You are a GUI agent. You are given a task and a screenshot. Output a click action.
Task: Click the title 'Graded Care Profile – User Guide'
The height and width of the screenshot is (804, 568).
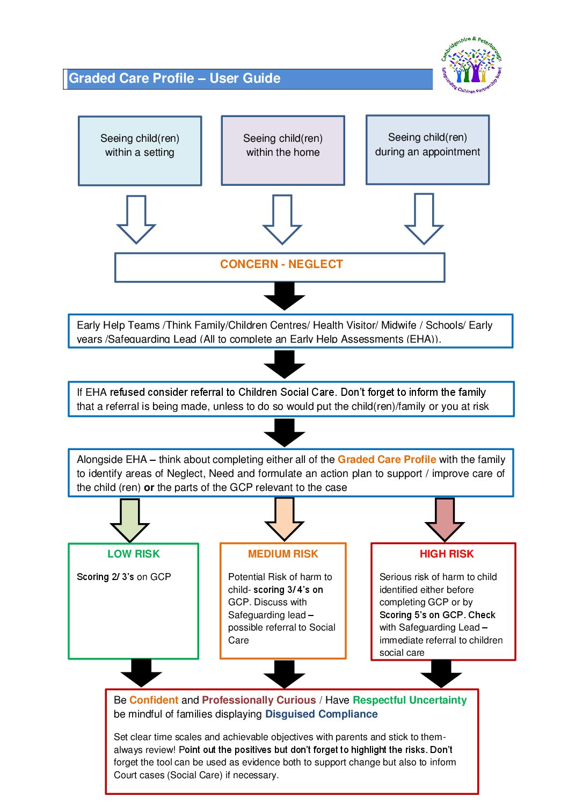coord(175,78)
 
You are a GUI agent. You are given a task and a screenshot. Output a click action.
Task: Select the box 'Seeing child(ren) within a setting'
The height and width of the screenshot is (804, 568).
coord(140,151)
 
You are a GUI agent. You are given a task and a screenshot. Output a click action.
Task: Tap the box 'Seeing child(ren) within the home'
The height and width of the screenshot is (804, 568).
coord(283,151)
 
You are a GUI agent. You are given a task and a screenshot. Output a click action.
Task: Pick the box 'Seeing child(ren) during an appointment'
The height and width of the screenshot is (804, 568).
coord(427,150)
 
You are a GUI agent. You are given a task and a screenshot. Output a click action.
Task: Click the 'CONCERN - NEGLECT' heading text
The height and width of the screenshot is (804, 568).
coord(281,264)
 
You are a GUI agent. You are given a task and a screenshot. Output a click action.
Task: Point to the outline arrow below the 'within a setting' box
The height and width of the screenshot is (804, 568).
coord(136,219)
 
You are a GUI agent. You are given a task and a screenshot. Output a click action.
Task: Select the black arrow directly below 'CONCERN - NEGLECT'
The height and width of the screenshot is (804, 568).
coord(285,296)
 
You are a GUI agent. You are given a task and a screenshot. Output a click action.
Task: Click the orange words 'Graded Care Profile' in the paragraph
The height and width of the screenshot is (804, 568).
coord(387,459)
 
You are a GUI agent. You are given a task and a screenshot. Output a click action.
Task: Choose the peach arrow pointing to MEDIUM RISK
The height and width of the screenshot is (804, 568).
coord(285,519)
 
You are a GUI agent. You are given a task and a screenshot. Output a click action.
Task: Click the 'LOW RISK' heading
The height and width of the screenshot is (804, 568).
coord(134,554)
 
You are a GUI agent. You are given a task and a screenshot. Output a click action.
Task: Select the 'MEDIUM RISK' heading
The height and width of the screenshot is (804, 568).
coord(283,554)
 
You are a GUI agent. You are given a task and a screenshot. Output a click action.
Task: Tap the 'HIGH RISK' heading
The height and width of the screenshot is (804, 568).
coord(447,554)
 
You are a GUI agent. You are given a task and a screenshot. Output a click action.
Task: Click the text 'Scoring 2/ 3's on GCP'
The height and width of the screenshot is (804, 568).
coord(124,577)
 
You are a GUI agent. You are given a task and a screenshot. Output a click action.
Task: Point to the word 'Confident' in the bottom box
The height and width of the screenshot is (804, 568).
coord(154,700)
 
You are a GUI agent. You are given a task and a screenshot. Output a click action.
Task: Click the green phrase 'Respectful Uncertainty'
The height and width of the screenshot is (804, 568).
coord(410,700)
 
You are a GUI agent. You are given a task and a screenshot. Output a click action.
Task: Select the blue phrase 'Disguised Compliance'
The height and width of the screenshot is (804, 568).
coord(321,714)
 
